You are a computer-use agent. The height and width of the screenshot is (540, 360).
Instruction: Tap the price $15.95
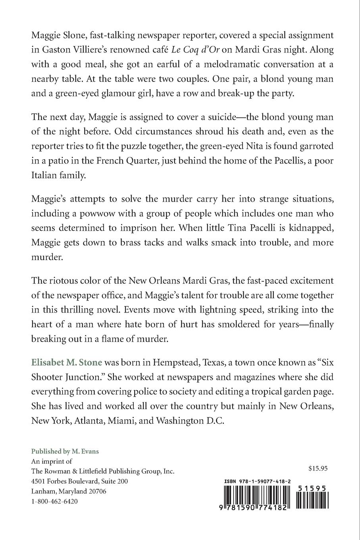point(318,469)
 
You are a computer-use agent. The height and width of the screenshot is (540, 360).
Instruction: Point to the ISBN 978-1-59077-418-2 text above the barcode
point(257,482)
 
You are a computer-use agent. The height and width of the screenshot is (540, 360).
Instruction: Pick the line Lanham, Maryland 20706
point(68,492)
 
